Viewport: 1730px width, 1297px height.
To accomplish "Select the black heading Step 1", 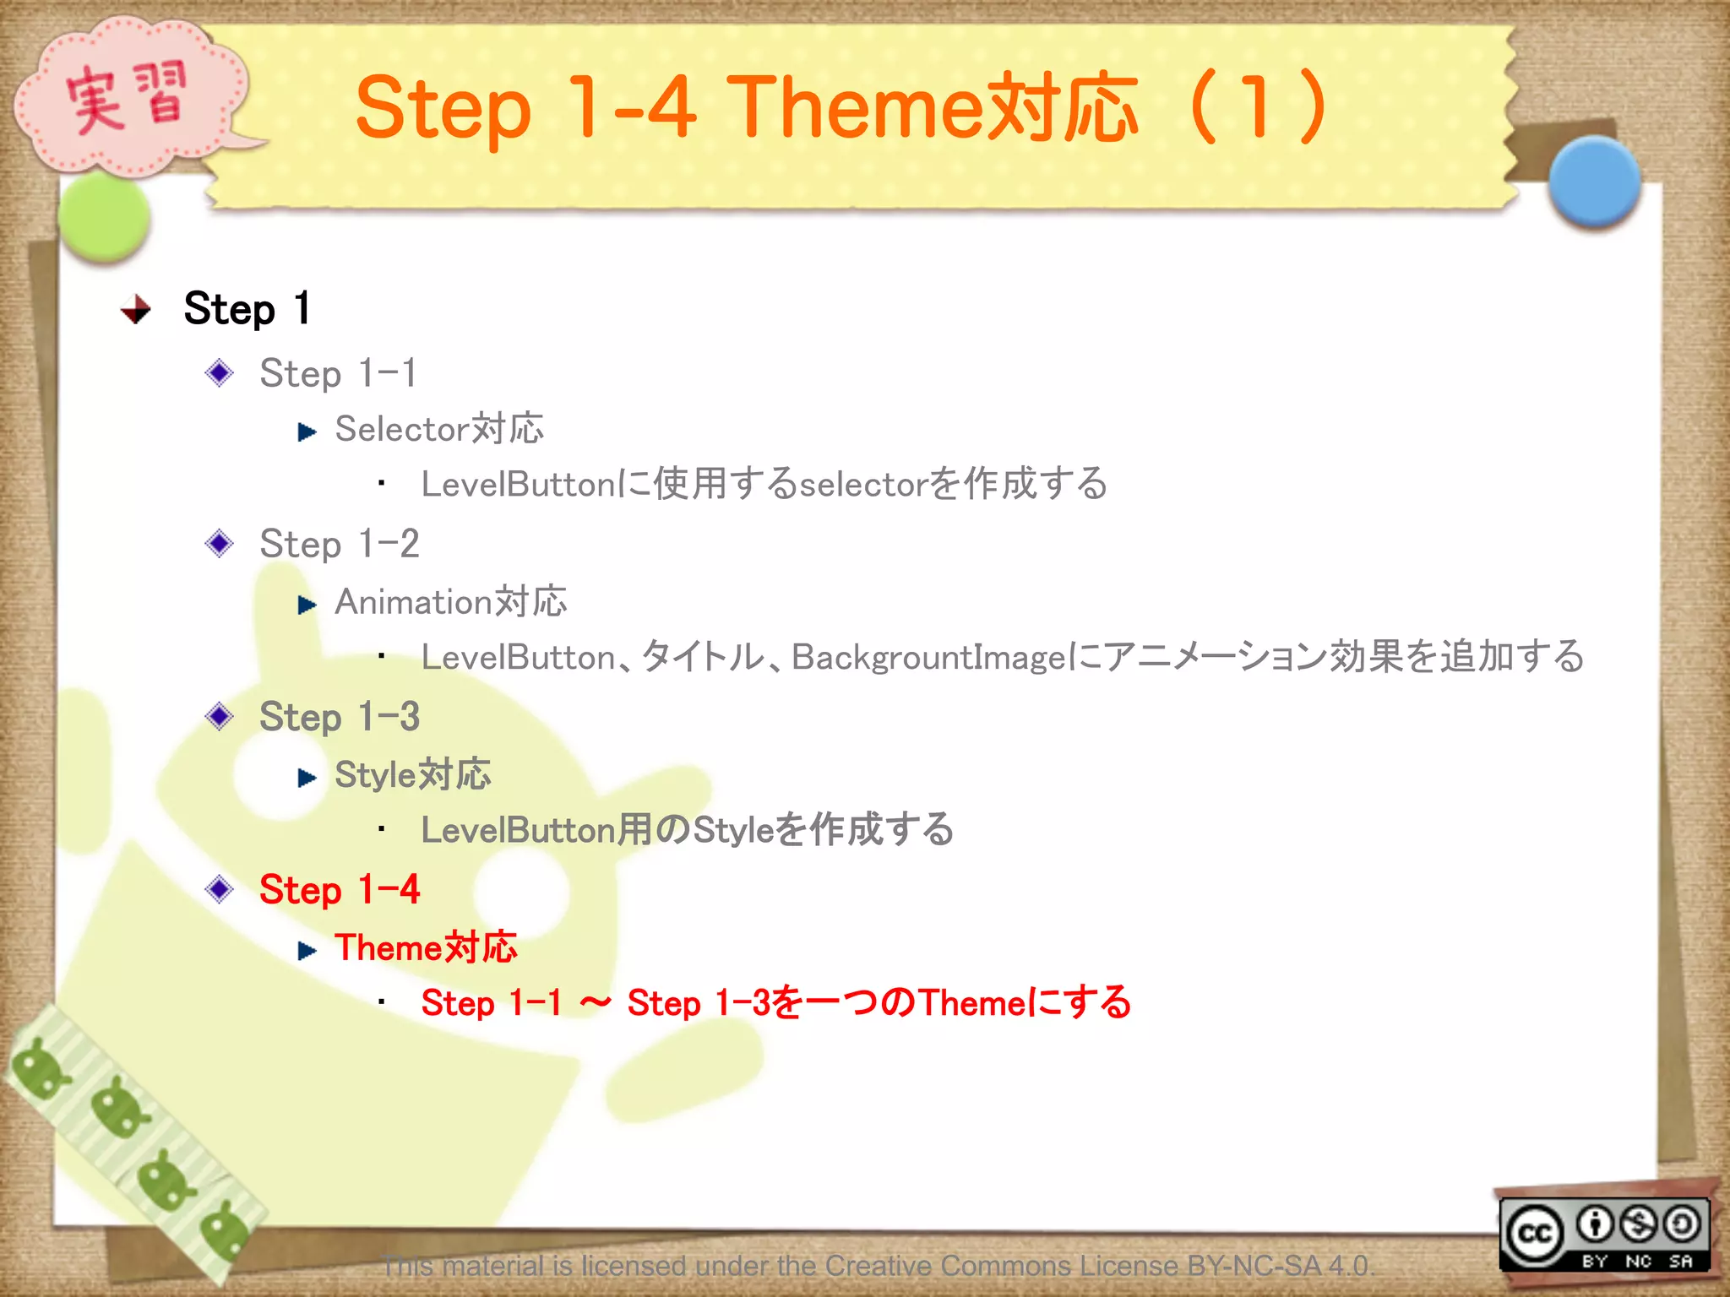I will tap(247, 308).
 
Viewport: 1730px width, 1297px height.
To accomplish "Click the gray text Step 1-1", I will tap(337, 373).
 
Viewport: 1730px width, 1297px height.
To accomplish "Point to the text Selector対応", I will tap(438, 429).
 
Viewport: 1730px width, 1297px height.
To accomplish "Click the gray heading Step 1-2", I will tap(339, 544).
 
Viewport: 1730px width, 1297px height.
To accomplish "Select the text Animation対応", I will tap(450, 602).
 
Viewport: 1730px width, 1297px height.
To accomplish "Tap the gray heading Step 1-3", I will tap(339, 717).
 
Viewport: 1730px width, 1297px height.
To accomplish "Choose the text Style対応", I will tap(412, 775).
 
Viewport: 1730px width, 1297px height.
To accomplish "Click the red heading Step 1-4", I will tap(339, 890).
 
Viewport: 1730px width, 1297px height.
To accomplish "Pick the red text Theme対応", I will tap(426, 947).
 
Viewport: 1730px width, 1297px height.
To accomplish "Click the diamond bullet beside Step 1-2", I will tap(220, 544).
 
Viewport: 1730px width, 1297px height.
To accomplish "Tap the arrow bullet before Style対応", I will tap(307, 778).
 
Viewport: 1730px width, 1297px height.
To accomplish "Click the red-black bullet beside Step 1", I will tap(135, 310).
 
